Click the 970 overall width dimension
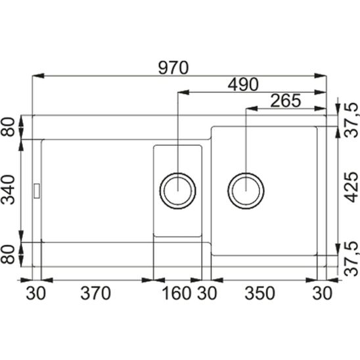(173, 68)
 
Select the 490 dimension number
(243, 84)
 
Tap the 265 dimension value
(285, 101)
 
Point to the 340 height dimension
(8, 190)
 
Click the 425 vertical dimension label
(351, 187)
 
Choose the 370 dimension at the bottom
(95, 293)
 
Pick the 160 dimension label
(176, 293)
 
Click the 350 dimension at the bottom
(259, 293)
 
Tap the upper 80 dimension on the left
(8, 127)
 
